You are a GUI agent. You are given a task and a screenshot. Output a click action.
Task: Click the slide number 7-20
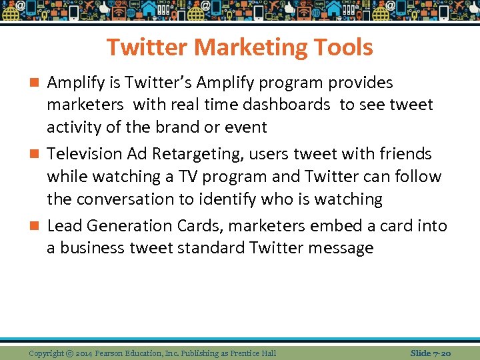click(x=441, y=353)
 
